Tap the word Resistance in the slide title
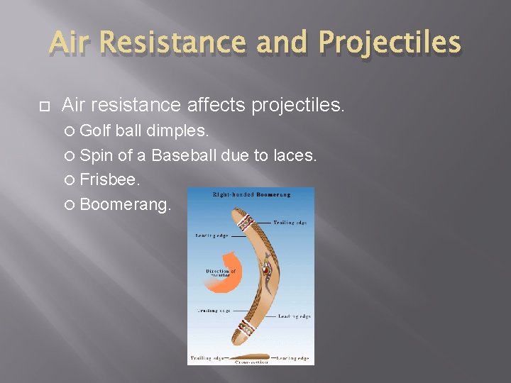[175, 44]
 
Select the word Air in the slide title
[71, 44]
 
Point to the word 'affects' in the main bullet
[214, 106]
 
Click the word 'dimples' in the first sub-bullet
[175, 132]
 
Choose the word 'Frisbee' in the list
[109, 180]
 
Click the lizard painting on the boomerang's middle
[266, 273]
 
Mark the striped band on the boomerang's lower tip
[246, 328]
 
